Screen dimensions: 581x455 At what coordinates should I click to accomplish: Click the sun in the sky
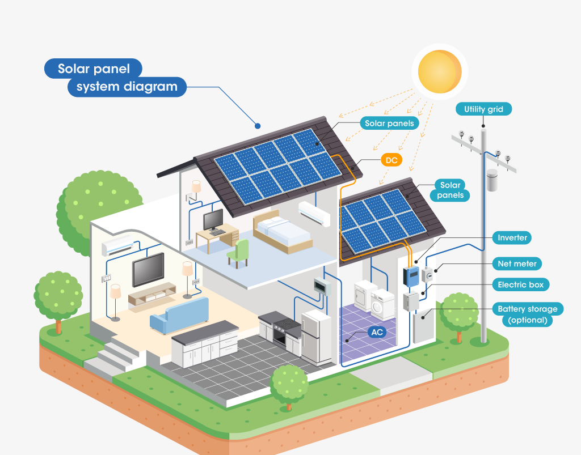[440, 71]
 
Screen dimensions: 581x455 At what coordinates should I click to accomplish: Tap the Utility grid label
[483, 109]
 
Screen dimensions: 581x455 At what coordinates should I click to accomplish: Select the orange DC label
[391, 160]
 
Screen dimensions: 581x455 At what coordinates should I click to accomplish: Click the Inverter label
[512, 237]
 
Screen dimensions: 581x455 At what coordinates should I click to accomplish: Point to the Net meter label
[517, 263]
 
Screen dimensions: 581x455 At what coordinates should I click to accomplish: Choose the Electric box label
[521, 285]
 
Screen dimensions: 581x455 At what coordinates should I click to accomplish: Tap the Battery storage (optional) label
[528, 314]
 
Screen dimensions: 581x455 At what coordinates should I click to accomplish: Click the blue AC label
[377, 332]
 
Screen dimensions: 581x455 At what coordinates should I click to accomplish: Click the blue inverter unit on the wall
[411, 277]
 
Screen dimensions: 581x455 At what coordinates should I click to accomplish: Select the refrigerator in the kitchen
[315, 337]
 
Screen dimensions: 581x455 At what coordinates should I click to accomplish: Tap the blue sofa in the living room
[179, 316]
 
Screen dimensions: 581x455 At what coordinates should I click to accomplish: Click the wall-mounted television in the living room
[148, 270]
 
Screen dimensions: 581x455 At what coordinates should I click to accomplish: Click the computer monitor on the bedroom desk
[213, 220]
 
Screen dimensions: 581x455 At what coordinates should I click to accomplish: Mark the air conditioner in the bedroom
[314, 214]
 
